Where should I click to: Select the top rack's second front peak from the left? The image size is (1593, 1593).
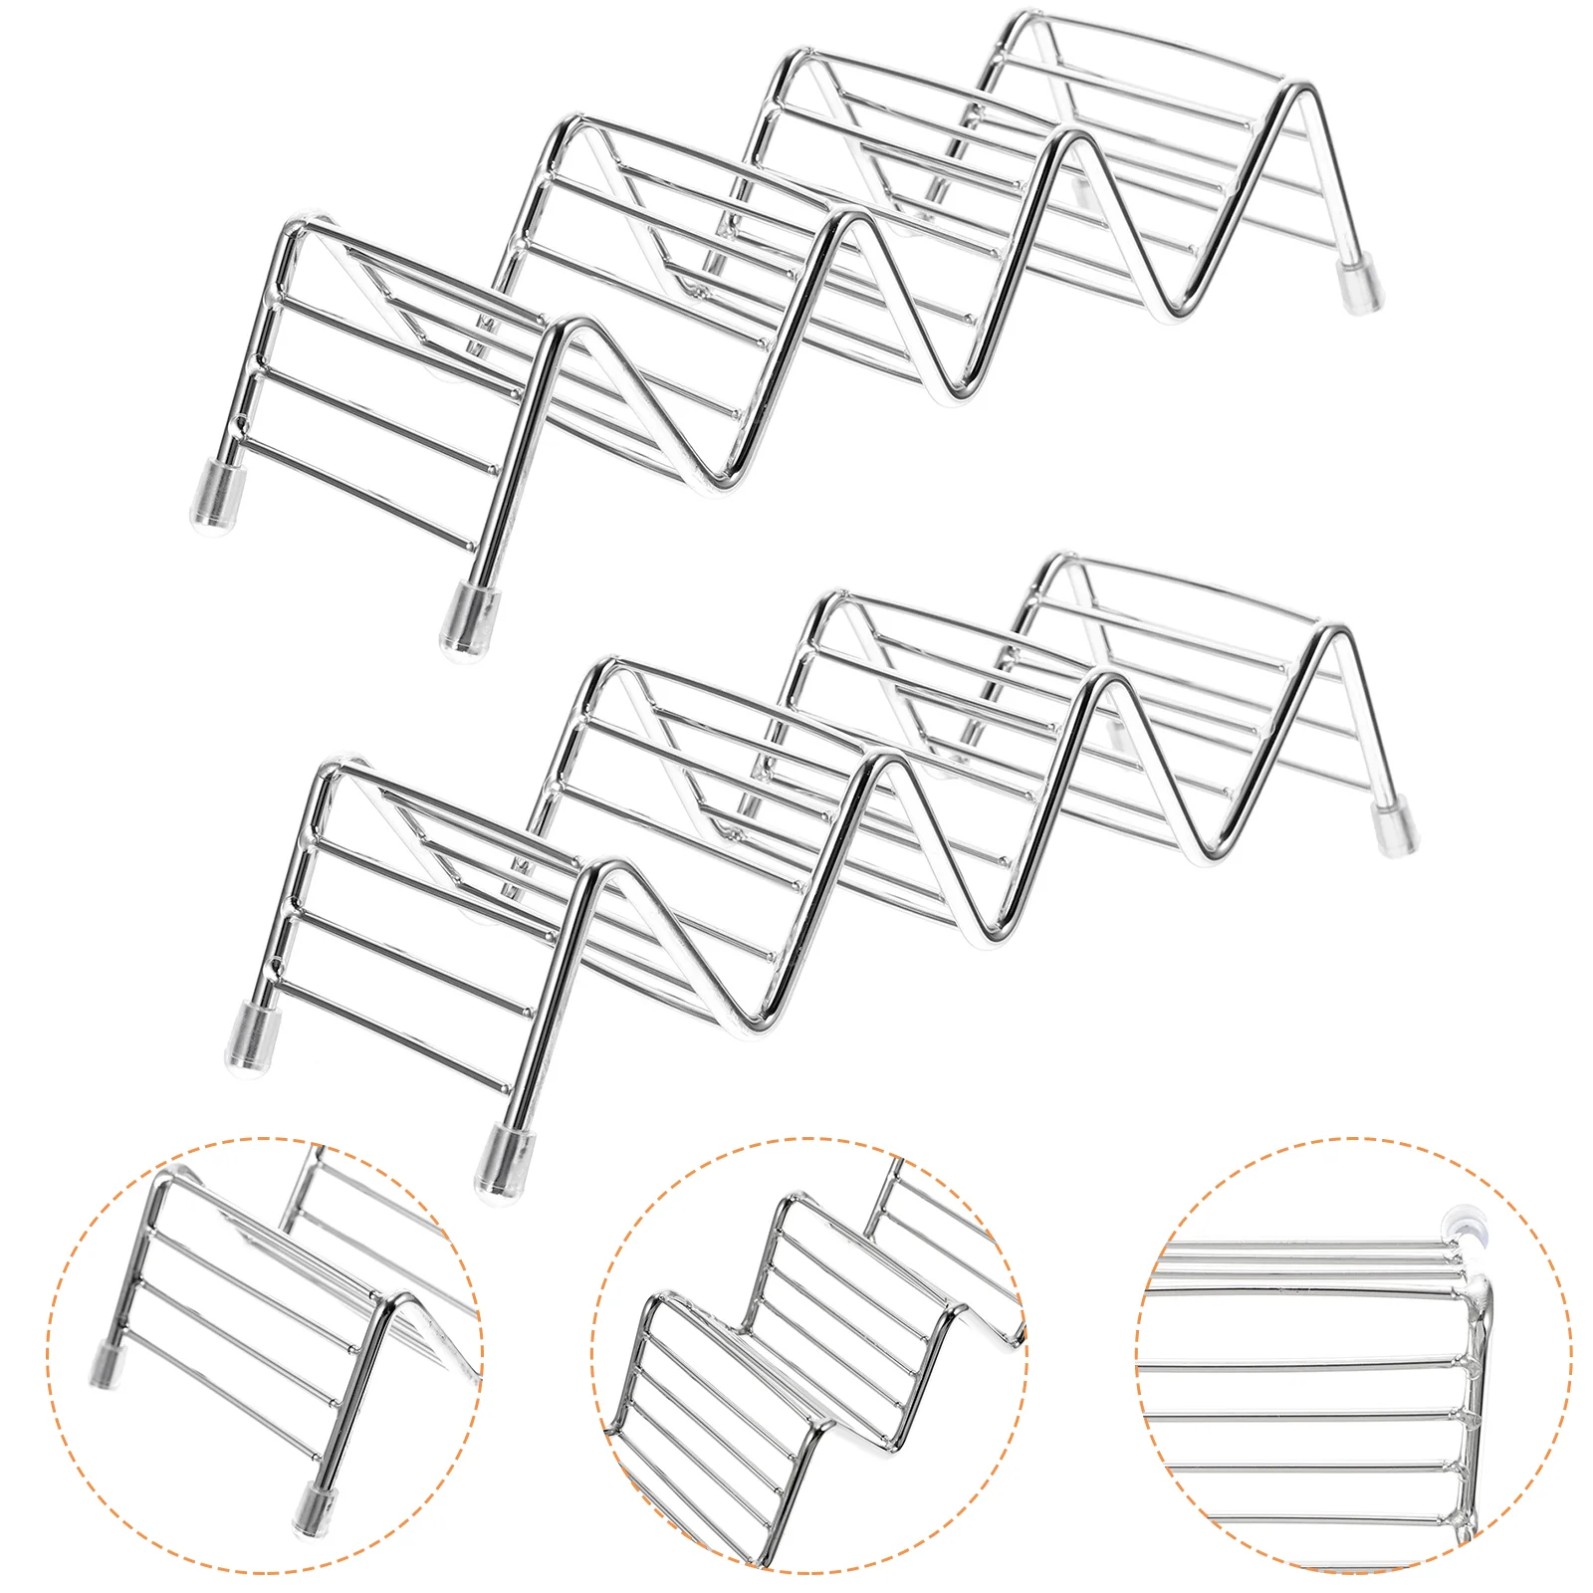pyautogui.click(x=836, y=222)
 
